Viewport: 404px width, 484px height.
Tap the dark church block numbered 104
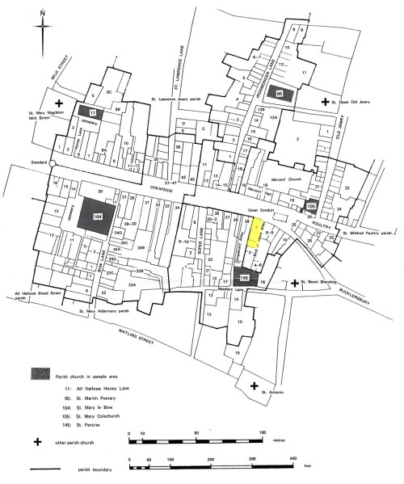98,216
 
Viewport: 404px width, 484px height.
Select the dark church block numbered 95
280,94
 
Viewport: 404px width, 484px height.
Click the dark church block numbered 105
312,207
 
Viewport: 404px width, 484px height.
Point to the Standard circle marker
51,162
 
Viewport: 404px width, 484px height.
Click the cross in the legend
37,442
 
